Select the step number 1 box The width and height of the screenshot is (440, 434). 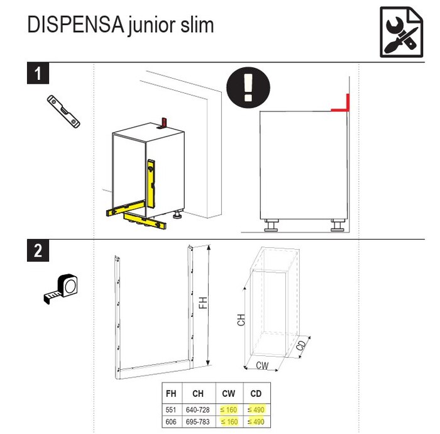click(x=39, y=74)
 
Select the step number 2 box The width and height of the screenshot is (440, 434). click(x=39, y=251)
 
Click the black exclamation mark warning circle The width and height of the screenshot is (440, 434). click(x=248, y=86)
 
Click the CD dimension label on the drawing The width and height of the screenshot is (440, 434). click(x=301, y=345)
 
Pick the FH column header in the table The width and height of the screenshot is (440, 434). click(x=170, y=394)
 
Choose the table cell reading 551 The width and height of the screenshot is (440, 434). click(x=170, y=409)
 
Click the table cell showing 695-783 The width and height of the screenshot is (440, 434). click(x=198, y=422)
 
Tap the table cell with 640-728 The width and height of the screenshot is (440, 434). click(x=198, y=409)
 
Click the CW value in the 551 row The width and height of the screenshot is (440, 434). click(x=228, y=409)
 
